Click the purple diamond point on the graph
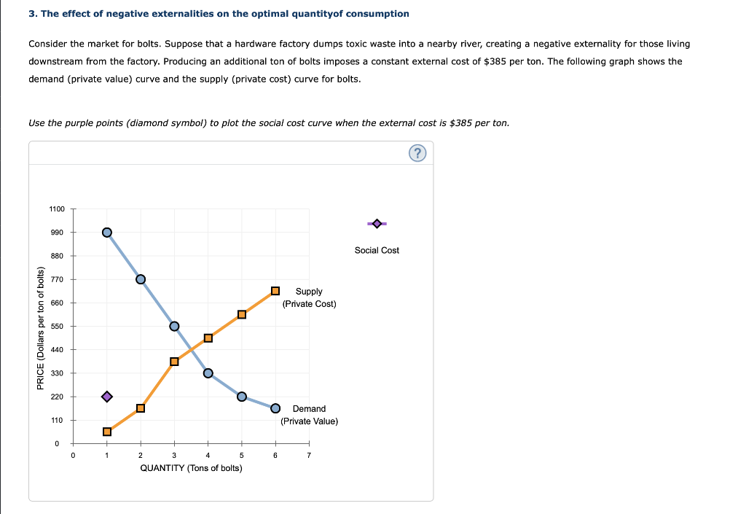click(107, 397)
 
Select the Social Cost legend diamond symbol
click(377, 223)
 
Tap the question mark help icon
click(417, 153)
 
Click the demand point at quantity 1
click(107, 233)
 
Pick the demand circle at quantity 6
click(275, 408)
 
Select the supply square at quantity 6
click(275, 291)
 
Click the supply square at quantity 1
click(107, 432)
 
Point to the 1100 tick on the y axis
click(57, 209)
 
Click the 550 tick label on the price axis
click(58, 327)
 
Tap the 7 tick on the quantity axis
click(309, 456)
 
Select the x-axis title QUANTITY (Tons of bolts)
click(191, 468)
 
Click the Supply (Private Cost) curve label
click(309, 297)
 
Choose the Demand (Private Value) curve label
click(309, 415)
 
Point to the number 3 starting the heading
click(31, 14)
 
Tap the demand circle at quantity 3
click(174, 326)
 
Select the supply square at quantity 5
click(242, 315)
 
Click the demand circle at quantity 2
click(141, 279)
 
